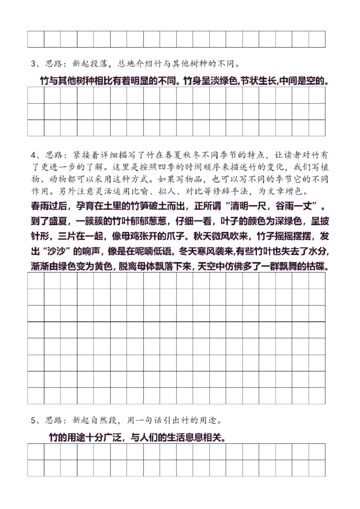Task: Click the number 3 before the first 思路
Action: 33,63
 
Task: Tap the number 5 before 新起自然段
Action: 33,421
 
